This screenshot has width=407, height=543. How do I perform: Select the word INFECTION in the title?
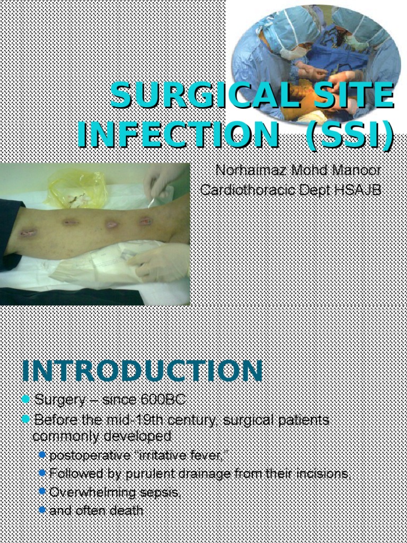(x=178, y=135)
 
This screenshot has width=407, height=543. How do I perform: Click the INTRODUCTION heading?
(x=142, y=371)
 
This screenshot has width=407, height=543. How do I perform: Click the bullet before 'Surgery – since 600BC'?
(x=25, y=399)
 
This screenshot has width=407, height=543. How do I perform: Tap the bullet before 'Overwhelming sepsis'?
(x=42, y=493)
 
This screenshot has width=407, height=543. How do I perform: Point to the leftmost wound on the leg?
(x=29, y=232)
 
